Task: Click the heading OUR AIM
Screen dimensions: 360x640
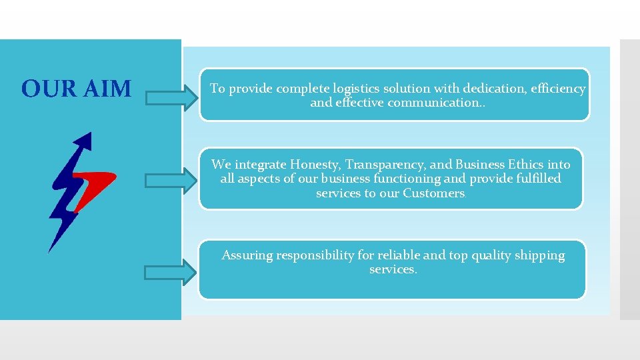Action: (76, 89)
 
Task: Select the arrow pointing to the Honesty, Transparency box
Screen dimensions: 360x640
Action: (171, 181)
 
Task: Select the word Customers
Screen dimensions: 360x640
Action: (433, 193)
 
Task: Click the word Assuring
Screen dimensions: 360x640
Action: (247, 255)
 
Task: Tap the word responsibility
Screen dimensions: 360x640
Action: (316, 255)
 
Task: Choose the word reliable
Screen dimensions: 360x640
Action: (398, 255)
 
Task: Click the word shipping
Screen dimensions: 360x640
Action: (539, 255)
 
